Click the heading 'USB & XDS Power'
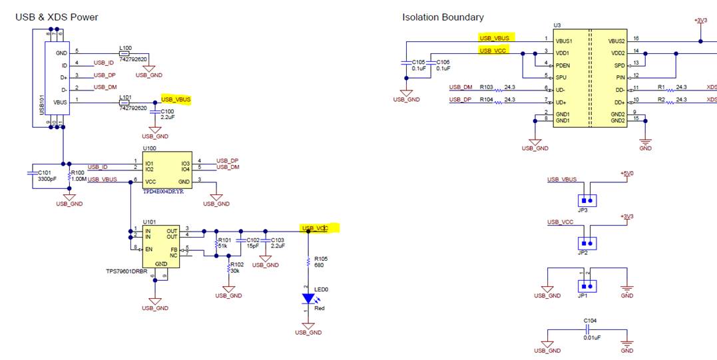57,17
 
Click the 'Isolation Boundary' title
443,17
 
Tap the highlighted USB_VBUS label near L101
176,99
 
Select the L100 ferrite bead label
125,48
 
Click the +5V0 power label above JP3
626,174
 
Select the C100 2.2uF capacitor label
168,114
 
